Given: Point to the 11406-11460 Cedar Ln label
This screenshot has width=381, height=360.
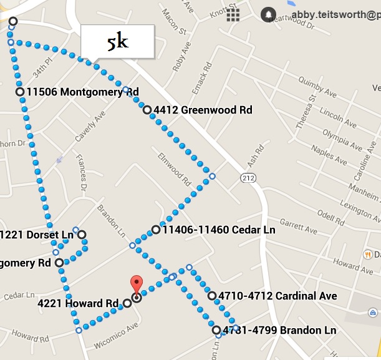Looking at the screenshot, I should pyautogui.click(x=219, y=230).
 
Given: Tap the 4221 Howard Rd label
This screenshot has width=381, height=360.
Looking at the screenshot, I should pyautogui.click(x=78, y=304).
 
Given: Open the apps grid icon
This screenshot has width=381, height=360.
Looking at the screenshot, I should pyautogui.click(x=234, y=14).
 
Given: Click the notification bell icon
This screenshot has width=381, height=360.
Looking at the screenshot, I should pyautogui.click(x=268, y=14).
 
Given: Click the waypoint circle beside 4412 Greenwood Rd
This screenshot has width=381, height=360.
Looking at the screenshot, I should pyautogui.click(x=147, y=110).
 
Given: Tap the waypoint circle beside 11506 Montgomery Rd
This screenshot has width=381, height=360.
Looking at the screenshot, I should pyautogui.click(x=21, y=92).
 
